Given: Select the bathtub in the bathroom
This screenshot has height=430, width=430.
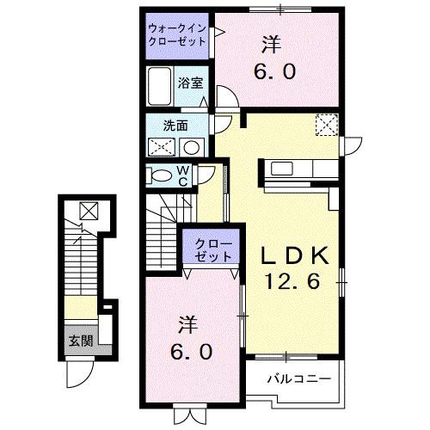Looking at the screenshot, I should point(160,87).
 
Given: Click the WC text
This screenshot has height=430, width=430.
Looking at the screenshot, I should point(184,175).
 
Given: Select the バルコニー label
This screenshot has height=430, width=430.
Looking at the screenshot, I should point(292,378).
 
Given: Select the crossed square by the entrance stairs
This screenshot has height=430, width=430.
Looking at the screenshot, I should point(87,209).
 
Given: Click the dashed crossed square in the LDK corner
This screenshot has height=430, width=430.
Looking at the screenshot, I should point(328,126).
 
